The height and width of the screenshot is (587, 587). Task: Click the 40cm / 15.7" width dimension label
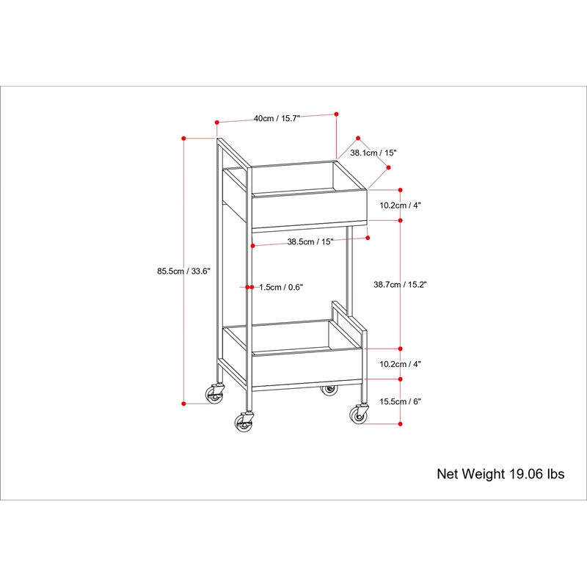(x=277, y=119)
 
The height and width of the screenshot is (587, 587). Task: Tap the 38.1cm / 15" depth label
(x=373, y=153)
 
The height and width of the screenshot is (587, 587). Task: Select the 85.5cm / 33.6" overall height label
(x=184, y=271)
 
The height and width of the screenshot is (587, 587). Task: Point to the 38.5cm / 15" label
(x=310, y=242)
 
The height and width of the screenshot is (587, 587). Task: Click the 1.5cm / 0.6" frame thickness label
(x=281, y=287)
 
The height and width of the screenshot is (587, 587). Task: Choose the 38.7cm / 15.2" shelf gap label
(x=400, y=285)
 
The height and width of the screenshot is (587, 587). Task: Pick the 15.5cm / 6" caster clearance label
(x=400, y=401)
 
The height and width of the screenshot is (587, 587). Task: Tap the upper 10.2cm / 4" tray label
(x=400, y=205)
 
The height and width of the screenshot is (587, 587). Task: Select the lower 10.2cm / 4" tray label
(x=400, y=364)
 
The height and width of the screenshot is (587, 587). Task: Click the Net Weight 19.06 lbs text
(x=500, y=474)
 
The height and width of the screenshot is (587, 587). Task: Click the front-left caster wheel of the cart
(x=244, y=422)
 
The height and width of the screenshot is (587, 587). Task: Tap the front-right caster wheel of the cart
(x=359, y=414)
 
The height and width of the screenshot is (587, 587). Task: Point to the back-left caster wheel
(x=215, y=394)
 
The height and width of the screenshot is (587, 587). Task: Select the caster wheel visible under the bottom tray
(x=329, y=390)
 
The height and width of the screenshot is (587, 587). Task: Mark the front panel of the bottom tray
(x=307, y=368)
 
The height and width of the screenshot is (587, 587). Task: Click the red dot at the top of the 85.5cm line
(x=184, y=139)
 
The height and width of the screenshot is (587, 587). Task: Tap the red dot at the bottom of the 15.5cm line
(x=400, y=424)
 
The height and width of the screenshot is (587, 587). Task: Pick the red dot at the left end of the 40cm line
(x=216, y=123)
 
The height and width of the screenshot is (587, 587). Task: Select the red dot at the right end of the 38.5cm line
(x=368, y=238)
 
